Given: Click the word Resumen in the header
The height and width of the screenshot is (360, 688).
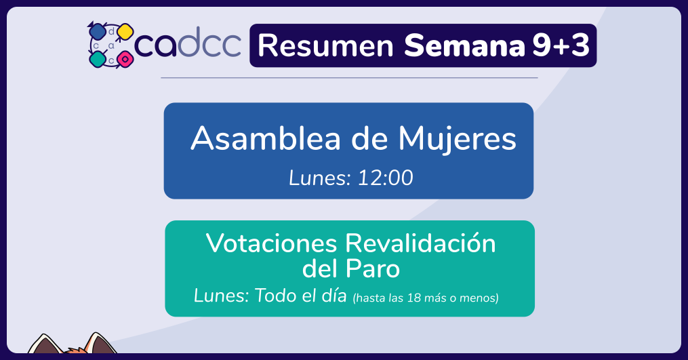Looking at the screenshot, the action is coord(325,45).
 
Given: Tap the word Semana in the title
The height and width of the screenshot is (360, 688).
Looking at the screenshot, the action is coord(464,45).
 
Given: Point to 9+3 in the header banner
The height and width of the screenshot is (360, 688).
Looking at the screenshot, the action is coord(561,45).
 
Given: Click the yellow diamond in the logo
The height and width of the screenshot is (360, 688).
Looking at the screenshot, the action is coord(125,32).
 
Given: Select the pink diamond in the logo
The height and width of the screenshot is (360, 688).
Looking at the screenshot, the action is coord(125,59).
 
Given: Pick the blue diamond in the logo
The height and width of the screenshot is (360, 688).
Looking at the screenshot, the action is coord(97,31).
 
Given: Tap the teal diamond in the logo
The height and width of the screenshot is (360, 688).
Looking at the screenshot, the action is coord(98,59).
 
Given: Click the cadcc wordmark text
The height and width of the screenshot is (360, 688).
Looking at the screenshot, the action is coord(188,43).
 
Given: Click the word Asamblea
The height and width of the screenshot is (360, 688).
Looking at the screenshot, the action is coord(266,138).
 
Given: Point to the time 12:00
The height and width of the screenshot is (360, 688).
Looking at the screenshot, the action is coord(385,178).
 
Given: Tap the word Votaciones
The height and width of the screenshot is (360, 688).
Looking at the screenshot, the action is coord(272,243).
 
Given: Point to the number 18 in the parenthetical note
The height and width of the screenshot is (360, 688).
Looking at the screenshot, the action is coord(413,298).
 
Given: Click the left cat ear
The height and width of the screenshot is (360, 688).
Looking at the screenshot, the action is coord(45,344).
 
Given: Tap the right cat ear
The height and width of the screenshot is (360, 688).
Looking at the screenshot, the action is coord(100,343).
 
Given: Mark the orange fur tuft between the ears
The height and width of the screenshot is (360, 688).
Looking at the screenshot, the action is coord(75,351).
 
